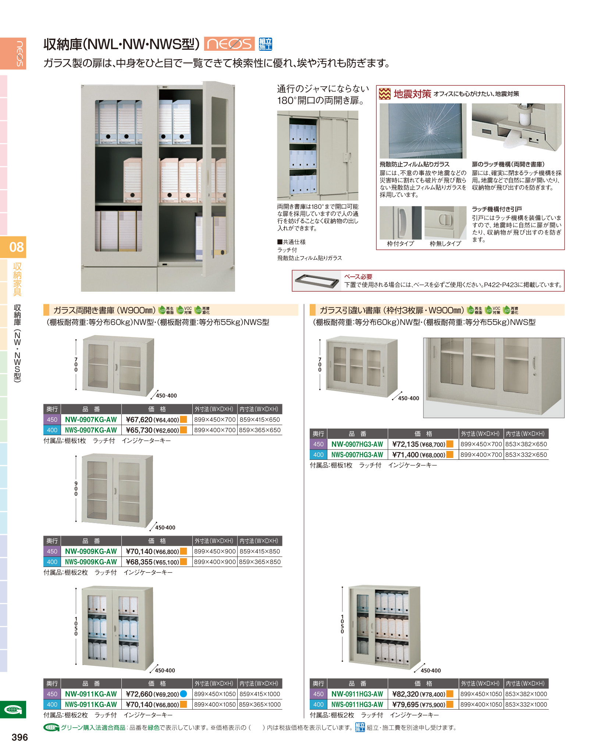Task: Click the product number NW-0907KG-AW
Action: coord(91,419)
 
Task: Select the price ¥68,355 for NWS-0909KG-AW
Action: coord(139,562)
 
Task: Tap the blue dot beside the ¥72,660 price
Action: coord(184,694)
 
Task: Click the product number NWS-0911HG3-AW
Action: coord(357,704)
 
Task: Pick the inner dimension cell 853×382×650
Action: coord(526,444)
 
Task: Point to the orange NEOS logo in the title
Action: coord(229,44)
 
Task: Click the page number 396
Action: coord(20,737)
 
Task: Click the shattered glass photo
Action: coord(423,131)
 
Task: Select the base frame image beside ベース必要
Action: coord(317,281)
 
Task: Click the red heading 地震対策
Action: coord(412,94)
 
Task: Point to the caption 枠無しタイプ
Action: coord(445,244)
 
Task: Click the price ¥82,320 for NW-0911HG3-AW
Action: coord(405,694)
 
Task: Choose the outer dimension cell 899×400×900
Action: coord(215,562)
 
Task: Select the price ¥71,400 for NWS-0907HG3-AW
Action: coord(405,455)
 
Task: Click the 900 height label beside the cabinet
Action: coord(76,489)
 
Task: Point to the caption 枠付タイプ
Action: coord(401,244)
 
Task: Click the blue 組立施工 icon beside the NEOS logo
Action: coord(265,44)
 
